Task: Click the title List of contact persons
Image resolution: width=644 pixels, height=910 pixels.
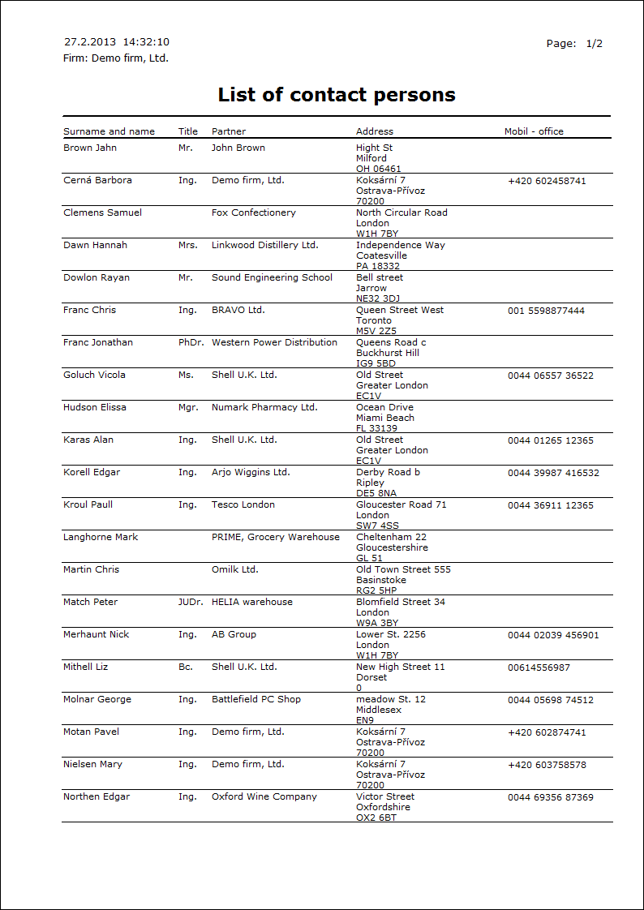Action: (x=337, y=95)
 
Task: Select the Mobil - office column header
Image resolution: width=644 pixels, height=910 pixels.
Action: (x=534, y=131)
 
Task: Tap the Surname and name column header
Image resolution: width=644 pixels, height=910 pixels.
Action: (x=109, y=131)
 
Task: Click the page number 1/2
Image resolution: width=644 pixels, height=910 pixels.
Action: (x=595, y=44)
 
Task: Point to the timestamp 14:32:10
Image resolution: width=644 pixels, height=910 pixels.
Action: (x=146, y=42)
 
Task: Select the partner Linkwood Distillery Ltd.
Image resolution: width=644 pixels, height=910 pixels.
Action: (x=264, y=245)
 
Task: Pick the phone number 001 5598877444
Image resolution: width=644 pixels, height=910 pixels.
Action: (x=546, y=311)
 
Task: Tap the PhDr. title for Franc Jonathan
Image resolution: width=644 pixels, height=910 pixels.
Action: (x=189, y=342)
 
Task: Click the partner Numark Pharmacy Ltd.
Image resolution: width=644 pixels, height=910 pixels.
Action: (x=264, y=407)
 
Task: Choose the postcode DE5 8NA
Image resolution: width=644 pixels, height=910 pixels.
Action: (x=376, y=493)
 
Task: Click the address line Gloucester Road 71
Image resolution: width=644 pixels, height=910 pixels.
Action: (x=401, y=504)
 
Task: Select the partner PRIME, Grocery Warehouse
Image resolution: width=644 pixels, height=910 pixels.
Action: (x=276, y=537)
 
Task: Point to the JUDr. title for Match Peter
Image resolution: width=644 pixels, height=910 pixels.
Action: (x=189, y=602)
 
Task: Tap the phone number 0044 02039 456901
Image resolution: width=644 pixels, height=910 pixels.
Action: (x=553, y=635)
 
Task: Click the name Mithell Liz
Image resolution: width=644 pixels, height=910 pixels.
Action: (x=85, y=667)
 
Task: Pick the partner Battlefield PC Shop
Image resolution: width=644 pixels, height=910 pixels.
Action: (x=256, y=699)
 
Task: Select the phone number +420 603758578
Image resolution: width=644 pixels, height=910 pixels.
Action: (x=547, y=765)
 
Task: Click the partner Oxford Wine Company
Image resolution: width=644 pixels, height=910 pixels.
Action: (x=264, y=796)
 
